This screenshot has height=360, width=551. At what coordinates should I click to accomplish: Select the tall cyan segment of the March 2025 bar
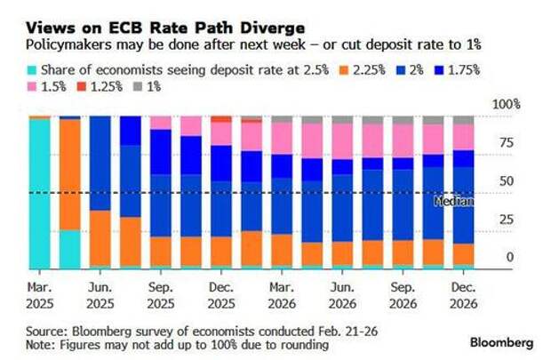point(39,192)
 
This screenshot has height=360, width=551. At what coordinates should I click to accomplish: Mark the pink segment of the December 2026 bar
point(463,136)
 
